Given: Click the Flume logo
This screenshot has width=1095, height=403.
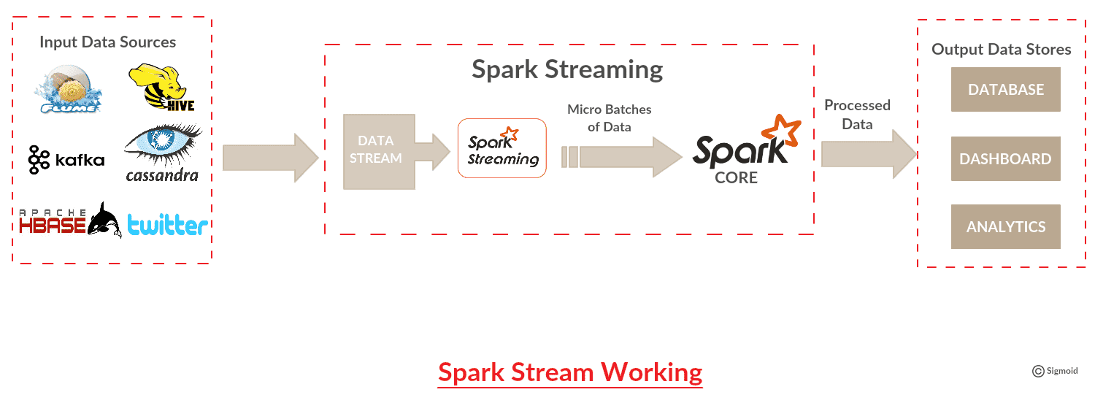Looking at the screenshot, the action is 68,89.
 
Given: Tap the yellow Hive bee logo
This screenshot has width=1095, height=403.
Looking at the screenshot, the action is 161,87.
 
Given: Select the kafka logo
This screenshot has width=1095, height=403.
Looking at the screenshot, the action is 66,159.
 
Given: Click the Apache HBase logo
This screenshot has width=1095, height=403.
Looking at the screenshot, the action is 70,220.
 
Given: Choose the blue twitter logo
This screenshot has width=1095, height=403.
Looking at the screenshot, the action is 168,225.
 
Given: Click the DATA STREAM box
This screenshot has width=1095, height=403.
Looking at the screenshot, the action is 379,152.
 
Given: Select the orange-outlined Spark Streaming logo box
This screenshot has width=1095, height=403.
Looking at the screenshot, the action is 502,148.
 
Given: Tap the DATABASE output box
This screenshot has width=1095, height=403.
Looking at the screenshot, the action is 1005,90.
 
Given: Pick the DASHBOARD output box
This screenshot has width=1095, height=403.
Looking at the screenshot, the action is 1005,159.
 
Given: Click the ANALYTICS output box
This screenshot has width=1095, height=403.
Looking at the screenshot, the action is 1005,227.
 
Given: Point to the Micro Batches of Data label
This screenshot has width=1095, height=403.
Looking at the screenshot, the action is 609,118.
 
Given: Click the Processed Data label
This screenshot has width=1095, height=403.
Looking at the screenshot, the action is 858,115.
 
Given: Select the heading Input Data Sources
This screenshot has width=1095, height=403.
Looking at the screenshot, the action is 107,42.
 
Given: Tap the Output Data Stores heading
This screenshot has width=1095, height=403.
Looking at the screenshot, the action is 1001,50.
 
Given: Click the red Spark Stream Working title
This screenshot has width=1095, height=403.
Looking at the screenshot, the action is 570,372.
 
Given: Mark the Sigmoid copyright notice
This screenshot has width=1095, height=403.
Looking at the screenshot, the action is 1055,371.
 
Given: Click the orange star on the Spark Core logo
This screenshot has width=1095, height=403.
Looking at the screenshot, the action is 781,130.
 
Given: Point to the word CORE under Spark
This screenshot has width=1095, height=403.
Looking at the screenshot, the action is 736,177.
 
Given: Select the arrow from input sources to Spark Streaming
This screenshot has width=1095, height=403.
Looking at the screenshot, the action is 270,158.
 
